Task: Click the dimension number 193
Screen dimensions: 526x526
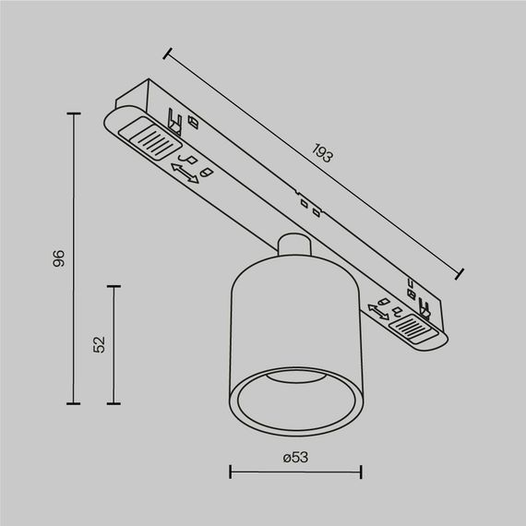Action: click(x=321, y=153)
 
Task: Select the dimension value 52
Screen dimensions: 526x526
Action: click(x=101, y=344)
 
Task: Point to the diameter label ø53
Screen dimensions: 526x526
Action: click(x=294, y=457)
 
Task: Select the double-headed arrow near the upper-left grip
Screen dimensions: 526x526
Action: click(x=185, y=173)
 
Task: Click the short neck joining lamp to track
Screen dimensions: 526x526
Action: click(x=293, y=247)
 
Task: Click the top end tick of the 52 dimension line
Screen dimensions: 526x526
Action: click(x=114, y=287)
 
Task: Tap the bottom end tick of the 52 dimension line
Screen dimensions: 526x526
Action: click(x=114, y=403)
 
